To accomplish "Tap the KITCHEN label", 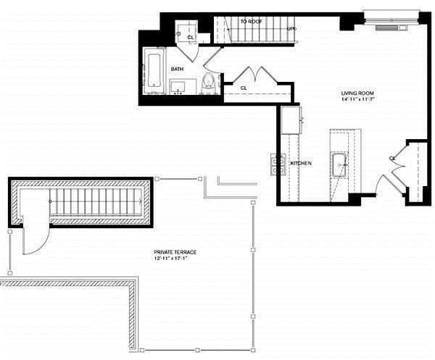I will (301, 164).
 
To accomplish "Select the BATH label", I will (177, 69).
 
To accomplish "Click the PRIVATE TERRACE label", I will (175, 252).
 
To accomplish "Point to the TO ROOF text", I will (251, 22).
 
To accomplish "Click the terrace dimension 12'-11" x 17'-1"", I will (175, 259).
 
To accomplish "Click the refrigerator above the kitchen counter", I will (291, 120).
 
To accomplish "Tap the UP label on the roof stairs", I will (291, 29).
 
